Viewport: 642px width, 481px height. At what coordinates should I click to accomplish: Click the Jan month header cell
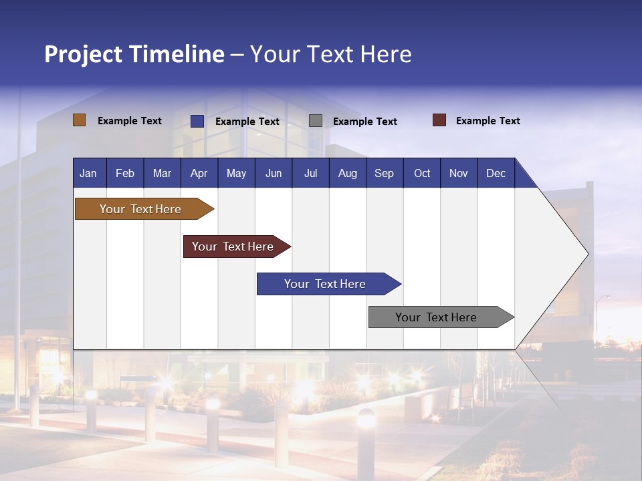[x=88, y=173]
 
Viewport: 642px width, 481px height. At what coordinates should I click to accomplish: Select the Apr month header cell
[x=199, y=173]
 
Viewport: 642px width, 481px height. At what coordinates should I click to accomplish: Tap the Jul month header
[x=310, y=173]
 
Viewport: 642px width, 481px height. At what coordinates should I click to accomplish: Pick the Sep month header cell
[x=384, y=173]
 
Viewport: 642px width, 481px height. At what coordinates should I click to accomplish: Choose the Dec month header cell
[x=496, y=173]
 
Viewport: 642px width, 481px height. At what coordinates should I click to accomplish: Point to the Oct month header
[x=421, y=173]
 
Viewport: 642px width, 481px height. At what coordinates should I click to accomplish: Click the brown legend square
[x=79, y=120]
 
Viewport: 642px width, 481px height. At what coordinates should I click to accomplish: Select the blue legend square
[x=197, y=121]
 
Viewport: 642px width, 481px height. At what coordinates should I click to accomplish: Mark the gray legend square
[x=316, y=121]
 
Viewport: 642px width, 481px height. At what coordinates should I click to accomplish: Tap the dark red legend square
[x=439, y=120]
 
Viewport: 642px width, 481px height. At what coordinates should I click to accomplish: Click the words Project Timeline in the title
[x=134, y=54]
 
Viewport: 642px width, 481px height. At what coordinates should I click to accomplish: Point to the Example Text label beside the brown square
[x=130, y=121]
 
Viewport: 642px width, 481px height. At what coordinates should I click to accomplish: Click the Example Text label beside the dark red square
[x=488, y=121]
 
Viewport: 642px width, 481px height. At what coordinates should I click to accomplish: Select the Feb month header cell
[x=125, y=173]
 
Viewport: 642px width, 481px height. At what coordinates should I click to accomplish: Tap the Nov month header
[x=458, y=173]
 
